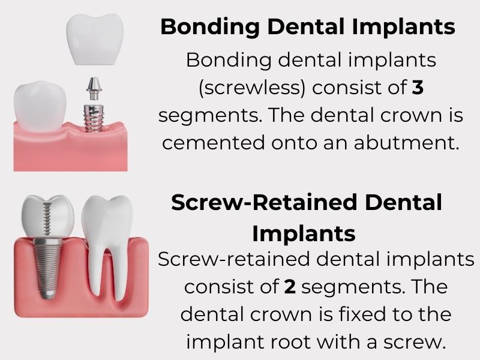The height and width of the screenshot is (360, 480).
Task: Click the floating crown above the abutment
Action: (95, 39)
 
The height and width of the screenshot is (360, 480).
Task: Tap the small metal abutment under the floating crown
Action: (94, 89)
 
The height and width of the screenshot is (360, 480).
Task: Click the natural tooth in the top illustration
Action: (40, 106)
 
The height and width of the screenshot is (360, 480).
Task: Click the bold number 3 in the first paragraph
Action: (418, 88)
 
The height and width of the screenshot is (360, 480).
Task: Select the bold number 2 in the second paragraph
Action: (290, 287)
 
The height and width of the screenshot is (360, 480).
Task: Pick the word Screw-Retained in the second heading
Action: (264, 203)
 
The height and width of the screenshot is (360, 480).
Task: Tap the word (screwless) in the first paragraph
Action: (252, 88)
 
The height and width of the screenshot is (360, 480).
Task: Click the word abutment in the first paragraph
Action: (407, 143)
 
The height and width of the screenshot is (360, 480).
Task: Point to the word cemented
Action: (214, 143)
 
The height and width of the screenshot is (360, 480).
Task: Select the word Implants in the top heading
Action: (403, 28)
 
